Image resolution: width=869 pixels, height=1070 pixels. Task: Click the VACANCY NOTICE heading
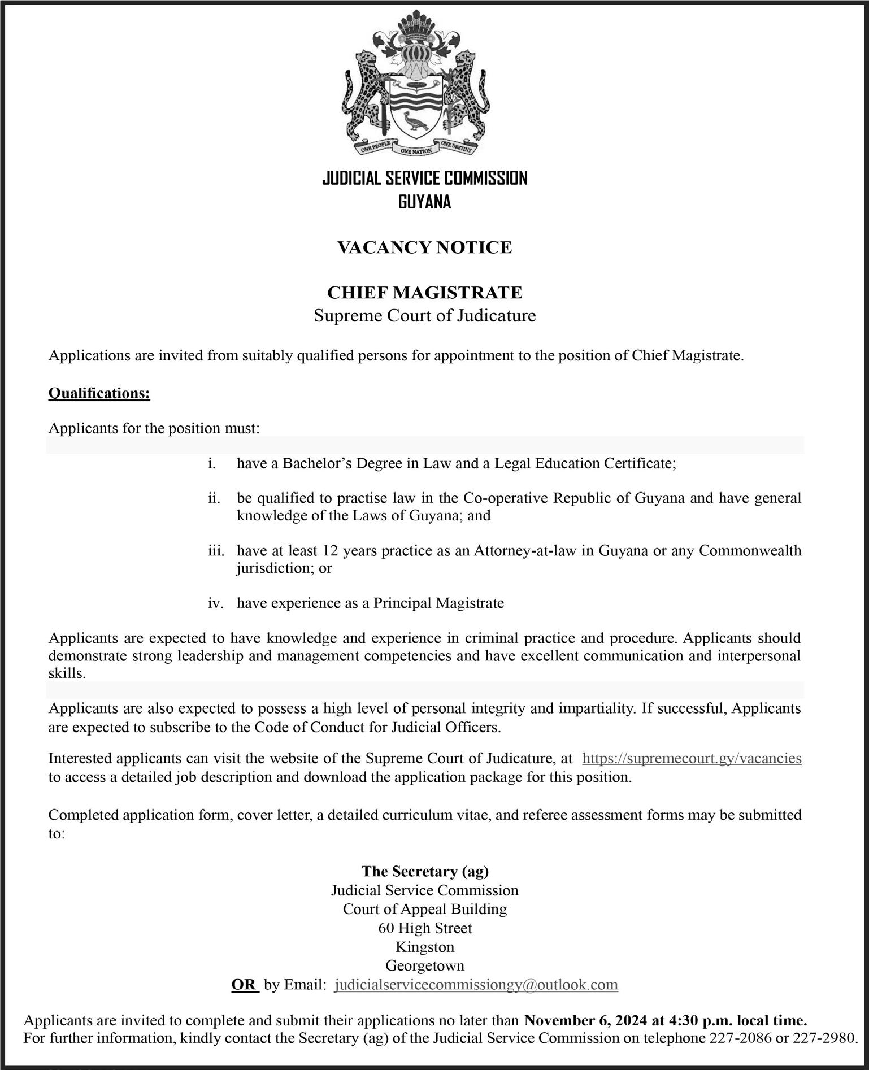click(424, 247)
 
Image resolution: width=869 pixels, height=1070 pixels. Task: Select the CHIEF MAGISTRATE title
click(424, 293)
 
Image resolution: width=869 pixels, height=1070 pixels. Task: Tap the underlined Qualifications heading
click(99, 393)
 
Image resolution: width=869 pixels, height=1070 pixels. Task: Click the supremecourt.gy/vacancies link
click(692, 758)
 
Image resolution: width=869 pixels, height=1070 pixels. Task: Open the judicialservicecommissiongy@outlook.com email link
click(476, 985)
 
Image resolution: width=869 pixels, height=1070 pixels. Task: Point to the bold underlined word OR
click(244, 985)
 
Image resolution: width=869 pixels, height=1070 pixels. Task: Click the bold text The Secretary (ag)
click(424, 872)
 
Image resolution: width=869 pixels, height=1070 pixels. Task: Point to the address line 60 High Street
click(424, 928)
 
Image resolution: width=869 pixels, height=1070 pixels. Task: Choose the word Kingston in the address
click(424, 947)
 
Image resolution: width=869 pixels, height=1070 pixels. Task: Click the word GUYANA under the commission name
click(424, 202)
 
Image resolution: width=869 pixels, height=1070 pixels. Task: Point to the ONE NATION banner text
click(416, 151)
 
